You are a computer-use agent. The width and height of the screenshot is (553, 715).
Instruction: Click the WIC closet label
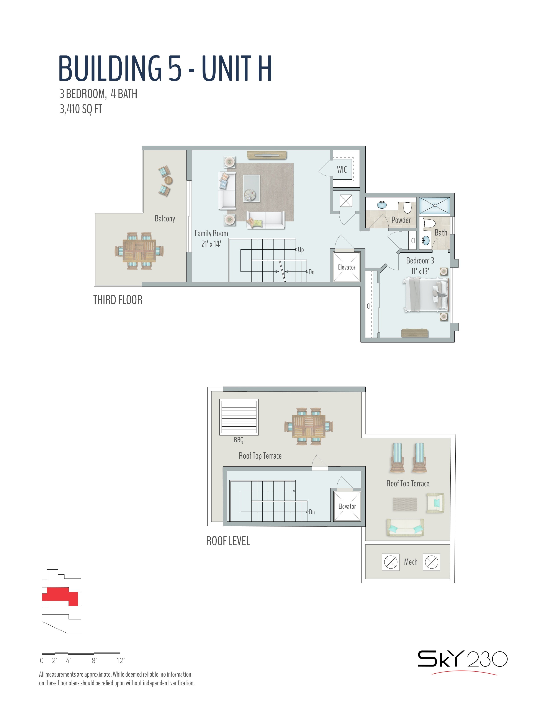(x=342, y=170)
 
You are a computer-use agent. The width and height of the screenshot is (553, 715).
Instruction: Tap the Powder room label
(x=401, y=220)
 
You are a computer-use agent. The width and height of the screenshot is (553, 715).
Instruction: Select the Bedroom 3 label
(x=420, y=261)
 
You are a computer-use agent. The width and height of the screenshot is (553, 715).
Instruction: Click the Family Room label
(x=211, y=233)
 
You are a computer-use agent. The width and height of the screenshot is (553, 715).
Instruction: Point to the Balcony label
(x=165, y=219)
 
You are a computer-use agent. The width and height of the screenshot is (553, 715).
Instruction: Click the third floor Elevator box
(x=347, y=267)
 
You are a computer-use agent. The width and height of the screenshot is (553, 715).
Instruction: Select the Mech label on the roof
(x=411, y=562)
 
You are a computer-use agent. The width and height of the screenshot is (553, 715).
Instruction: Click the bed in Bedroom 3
(x=425, y=294)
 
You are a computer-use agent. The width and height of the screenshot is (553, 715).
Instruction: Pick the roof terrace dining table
(x=309, y=426)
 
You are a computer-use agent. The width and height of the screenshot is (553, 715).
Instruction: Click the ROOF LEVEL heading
(x=228, y=541)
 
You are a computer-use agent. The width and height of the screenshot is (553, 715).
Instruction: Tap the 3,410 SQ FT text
(x=81, y=109)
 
